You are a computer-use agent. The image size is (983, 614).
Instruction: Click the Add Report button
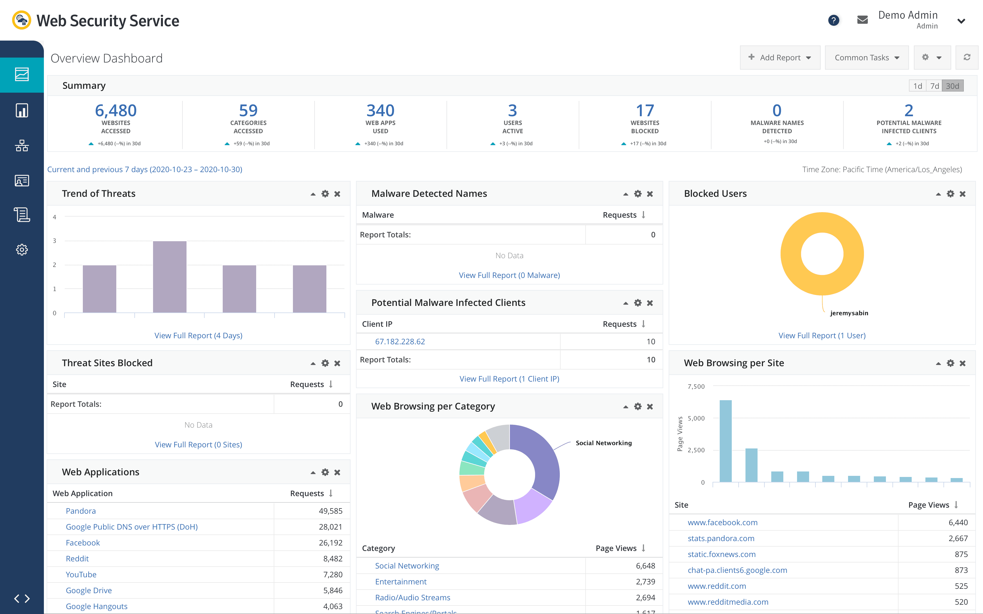pos(779,58)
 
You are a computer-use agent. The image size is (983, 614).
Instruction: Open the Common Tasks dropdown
pos(866,58)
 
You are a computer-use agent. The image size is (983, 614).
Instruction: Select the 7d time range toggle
pos(934,86)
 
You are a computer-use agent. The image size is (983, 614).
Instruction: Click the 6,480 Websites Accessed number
pos(116,110)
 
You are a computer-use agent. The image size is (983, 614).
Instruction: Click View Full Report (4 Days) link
pos(198,336)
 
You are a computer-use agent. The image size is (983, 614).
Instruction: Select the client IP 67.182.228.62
pos(400,342)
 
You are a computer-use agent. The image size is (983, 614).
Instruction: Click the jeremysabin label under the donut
pos(849,313)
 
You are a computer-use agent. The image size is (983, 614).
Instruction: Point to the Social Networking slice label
pos(604,443)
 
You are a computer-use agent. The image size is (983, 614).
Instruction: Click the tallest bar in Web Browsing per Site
pos(725,440)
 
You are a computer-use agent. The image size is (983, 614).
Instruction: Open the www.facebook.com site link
pos(722,523)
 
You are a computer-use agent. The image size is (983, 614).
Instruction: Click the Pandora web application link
pos(81,511)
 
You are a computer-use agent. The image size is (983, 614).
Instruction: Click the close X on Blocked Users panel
pos(962,194)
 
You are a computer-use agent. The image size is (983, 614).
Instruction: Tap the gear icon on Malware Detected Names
pos(638,194)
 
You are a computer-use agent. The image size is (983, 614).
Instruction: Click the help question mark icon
pos(834,20)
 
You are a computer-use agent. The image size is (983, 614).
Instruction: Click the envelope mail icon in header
pos(862,20)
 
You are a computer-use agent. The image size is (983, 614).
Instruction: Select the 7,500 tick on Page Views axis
pos(696,386)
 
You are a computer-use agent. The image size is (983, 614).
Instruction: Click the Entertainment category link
pos(400,581)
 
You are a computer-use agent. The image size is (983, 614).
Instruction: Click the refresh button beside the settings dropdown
pos(967,58)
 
